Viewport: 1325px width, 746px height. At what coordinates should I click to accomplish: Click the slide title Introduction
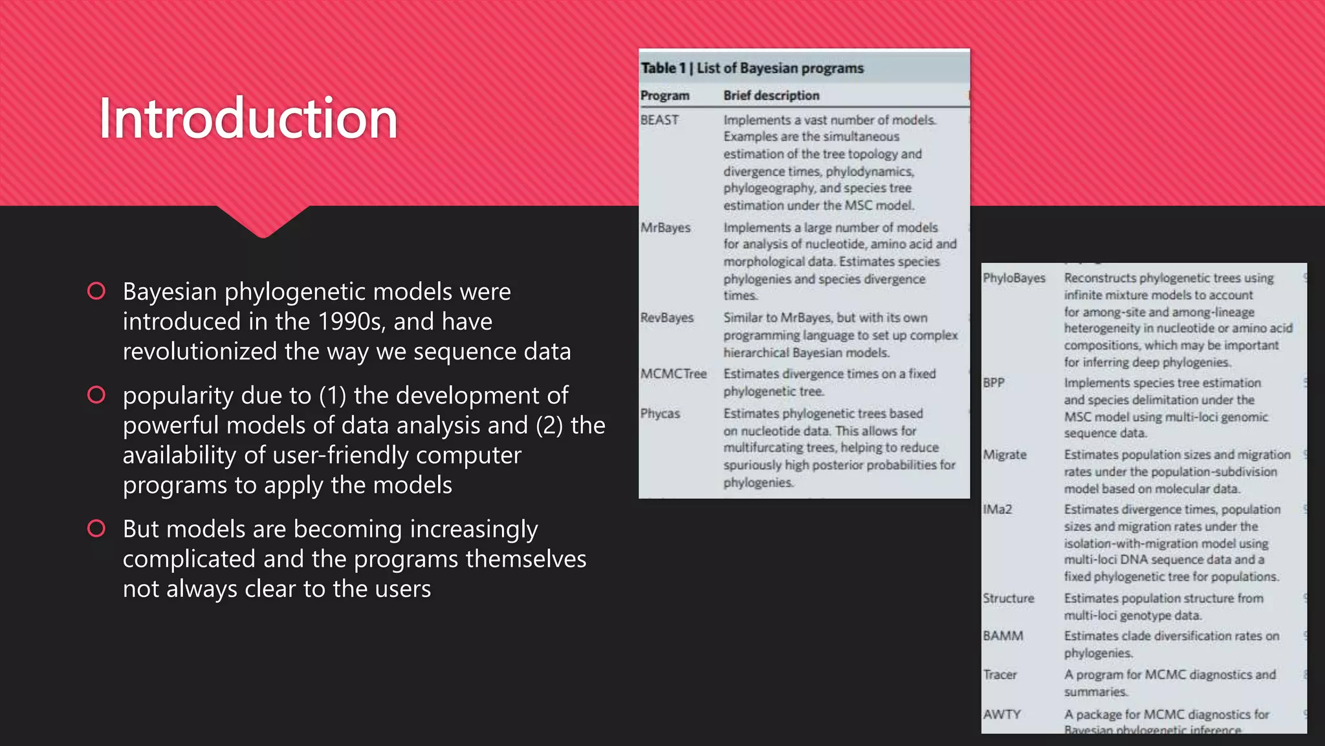(248, 119)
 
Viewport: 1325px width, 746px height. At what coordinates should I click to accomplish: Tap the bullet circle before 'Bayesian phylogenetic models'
(96, 291)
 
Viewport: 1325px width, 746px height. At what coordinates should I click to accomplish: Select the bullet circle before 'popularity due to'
(96, 394)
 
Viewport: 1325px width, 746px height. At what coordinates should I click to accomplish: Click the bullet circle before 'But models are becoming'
(96, 528)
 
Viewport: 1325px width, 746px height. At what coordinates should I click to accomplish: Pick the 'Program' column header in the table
(664, 96)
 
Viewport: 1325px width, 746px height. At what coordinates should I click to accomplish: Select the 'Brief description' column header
(771, 96)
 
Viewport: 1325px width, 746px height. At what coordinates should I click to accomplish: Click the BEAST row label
(659, 120)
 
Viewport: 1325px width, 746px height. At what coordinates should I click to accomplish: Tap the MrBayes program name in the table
(665, 228)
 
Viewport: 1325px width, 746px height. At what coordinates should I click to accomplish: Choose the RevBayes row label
(666, 318)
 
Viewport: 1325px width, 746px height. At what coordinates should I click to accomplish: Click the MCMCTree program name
(673, 374)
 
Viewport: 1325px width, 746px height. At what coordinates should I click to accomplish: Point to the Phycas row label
(660, 414)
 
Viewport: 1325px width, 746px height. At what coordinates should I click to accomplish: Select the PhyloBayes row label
(1014, 278)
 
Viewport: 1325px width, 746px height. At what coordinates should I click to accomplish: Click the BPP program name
(994, 383)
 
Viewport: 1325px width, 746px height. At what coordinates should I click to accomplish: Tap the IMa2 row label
(997, 510)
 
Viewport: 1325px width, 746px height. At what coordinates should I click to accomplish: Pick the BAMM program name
(1003, 636)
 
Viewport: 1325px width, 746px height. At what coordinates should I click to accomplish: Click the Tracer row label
(1000, 675)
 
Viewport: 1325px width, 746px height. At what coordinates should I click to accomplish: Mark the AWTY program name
(1002, 714)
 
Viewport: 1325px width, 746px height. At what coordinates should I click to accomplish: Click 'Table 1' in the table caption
(662, 68)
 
